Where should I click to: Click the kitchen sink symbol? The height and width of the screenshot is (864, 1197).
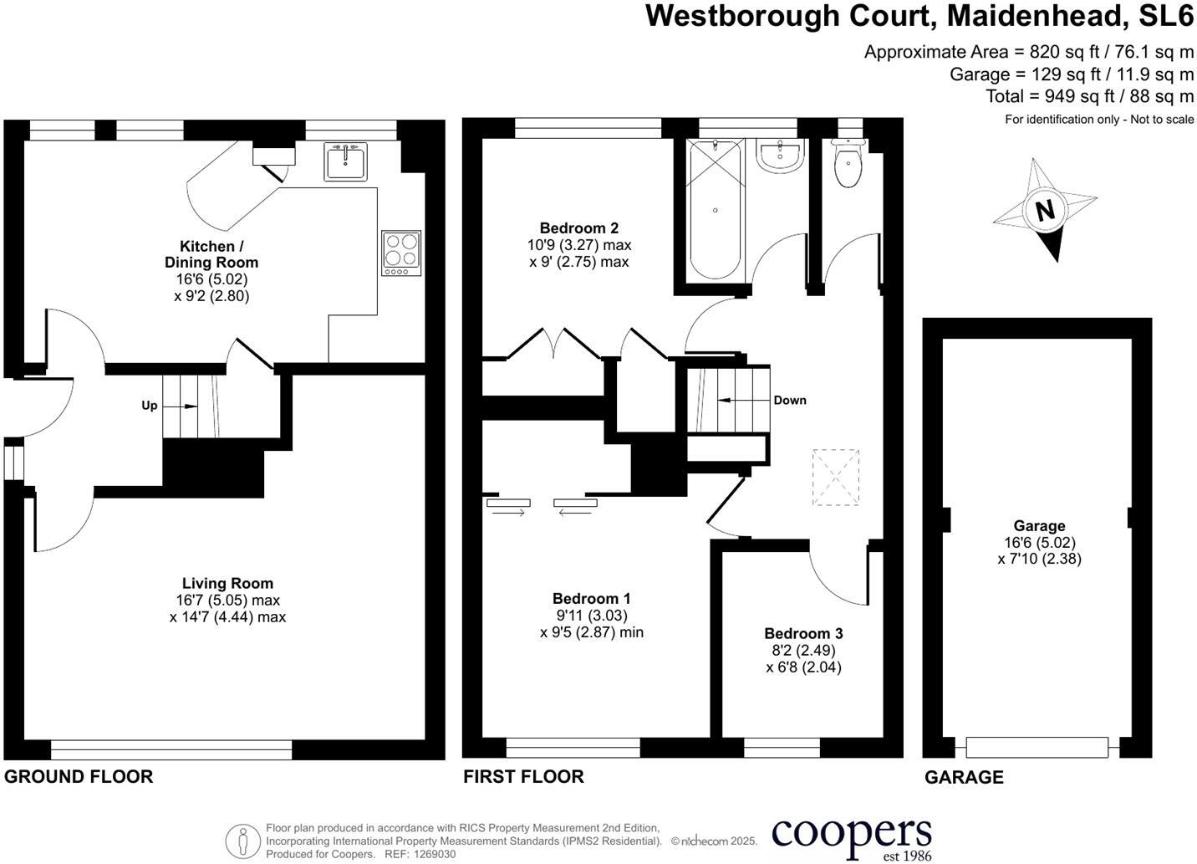coord(345,161)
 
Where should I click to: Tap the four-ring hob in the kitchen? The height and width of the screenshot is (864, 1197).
coord(400,253)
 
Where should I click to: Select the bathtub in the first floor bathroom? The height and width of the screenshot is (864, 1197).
coord(715,211)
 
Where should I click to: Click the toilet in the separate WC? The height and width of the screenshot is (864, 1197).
coord(848,166)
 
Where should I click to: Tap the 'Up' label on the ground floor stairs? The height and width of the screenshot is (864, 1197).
coord(149,406)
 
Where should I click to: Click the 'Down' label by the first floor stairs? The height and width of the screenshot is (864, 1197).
coord(789,400)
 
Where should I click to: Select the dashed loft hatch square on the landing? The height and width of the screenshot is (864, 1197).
coord(836,478)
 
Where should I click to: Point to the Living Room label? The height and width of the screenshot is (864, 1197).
coord(227,583)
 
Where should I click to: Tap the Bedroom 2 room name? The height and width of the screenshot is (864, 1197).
coord(578,228)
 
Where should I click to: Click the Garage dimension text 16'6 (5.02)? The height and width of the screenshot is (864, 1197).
coord(1039,542)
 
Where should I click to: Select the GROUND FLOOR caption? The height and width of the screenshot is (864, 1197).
coord(79,776)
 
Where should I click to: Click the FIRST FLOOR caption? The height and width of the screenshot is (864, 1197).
coord(523,776)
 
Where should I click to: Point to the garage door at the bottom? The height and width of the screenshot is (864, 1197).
coord(1037,747)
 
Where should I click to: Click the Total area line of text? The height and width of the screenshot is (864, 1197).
coord(1089,96)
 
